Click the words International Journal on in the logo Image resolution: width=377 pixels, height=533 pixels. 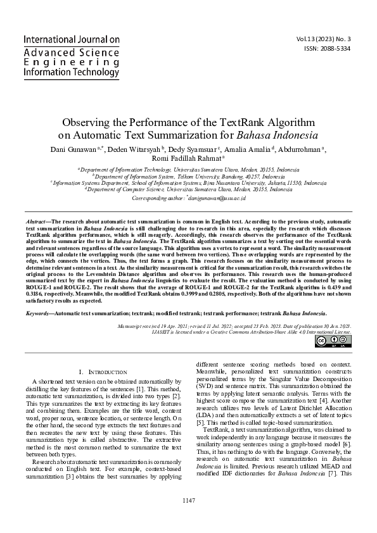pyautogui.click(x=71, y=39)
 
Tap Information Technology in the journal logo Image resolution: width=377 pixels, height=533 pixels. pyautogui.click(x=71, y=73)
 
